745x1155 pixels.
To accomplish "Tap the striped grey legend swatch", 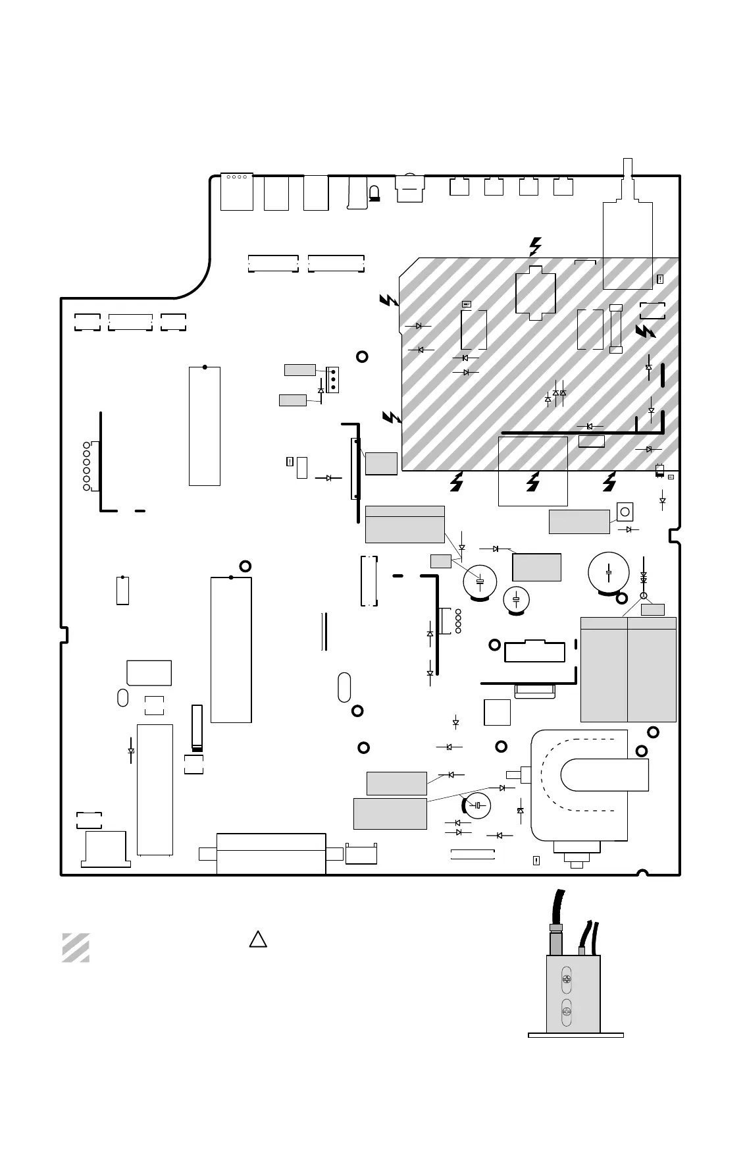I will [x=76, y=948].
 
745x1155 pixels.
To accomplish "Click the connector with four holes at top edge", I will [x=236, y=192].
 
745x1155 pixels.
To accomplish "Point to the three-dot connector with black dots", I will [x=332, y=379].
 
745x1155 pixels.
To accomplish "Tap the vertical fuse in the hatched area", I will [x=616, y=328].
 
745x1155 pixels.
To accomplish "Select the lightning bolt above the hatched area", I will [x=535, y=246].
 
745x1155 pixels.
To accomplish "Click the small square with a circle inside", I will [x=625, y=512].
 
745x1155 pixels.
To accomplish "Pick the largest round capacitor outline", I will [x=609, y=573].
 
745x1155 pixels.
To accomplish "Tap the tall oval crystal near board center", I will [x=344, y=687].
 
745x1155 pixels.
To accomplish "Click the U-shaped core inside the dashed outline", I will [x=604, y=774].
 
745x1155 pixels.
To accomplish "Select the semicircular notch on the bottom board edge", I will [x=643, y=873].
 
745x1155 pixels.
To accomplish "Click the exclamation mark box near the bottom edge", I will [x=536, y=860].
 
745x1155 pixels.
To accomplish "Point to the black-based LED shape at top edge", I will [x=374, y=193].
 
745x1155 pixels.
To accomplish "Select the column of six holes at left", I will [x=86, y=466].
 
